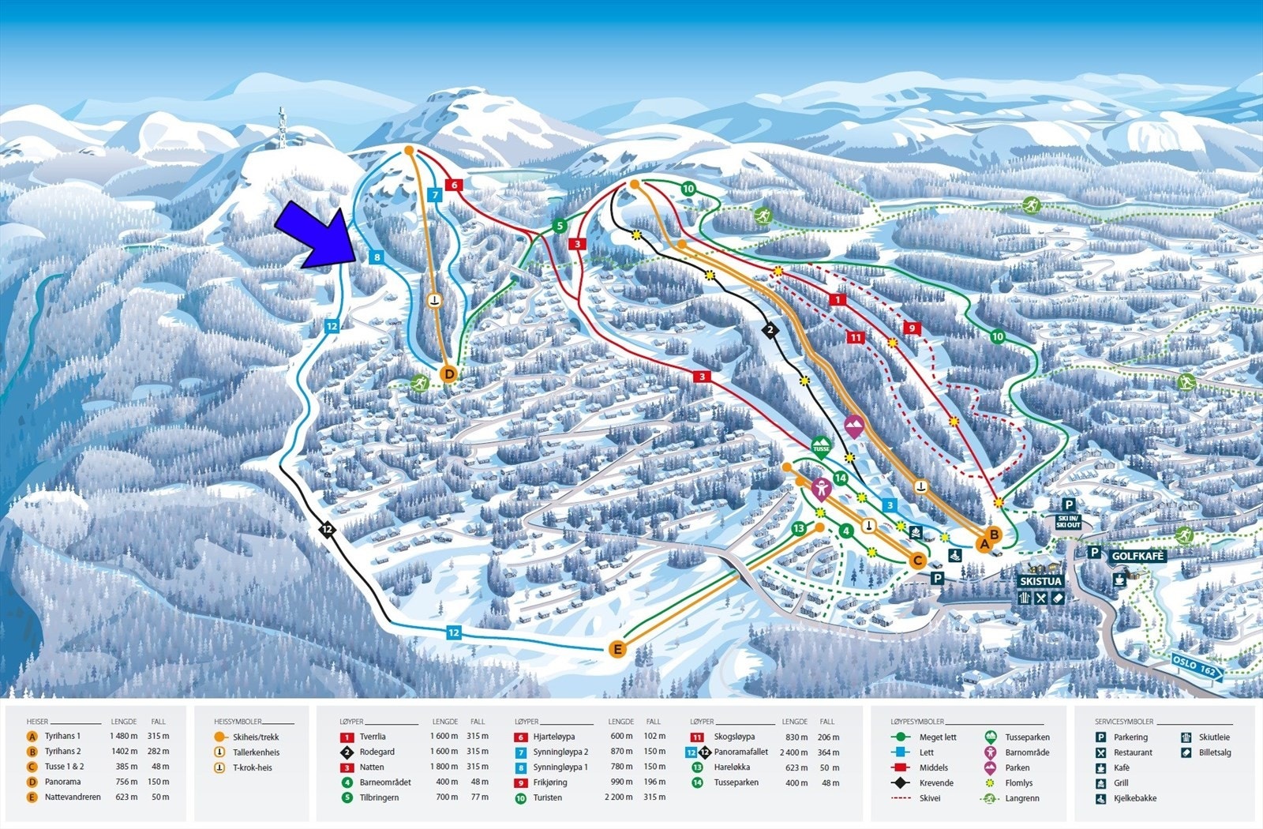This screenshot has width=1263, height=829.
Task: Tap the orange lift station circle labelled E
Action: click(618, 650)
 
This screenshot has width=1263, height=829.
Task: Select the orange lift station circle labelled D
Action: click(449, 373)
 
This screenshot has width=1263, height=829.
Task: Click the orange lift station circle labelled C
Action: click(917, 561)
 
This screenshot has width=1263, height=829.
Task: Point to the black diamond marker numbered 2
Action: click(770, 330)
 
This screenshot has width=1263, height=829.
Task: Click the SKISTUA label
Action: click(1041, 581)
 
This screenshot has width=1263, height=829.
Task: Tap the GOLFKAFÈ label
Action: click(1137, 556)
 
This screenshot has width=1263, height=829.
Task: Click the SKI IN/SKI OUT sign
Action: click(1068, 522)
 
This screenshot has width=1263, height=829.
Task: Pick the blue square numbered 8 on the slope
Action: click(377, 257)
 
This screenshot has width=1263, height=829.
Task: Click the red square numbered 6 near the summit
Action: click(454, 185)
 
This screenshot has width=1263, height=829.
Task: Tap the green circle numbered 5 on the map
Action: click(559, 226)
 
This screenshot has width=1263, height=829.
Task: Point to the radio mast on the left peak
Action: click(281, 128)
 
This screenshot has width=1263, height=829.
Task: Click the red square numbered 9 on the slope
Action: click(912, 328)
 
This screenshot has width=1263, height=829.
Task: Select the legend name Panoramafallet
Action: click(741, 752)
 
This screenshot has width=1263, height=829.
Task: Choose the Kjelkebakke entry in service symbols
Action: click(1135, 798)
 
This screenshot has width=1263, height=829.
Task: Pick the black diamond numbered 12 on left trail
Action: click(328, 530)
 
